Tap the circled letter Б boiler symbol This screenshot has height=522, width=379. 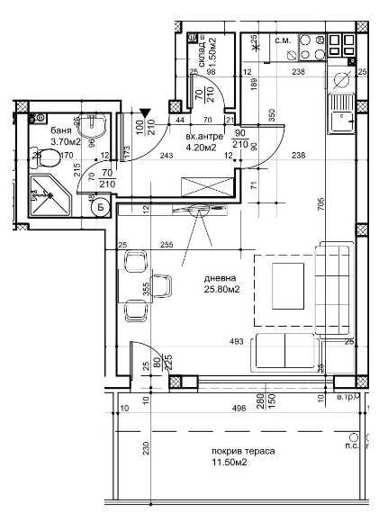click(x=100, y=208)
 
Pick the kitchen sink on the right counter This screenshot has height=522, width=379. click(x=342, y=112)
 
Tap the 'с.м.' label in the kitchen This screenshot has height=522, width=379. click(x=281, y=40)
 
